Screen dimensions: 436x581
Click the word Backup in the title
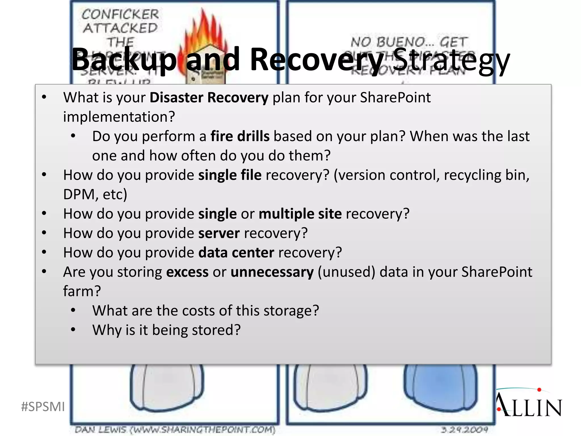point(124,60)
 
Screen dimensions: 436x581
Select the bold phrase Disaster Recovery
point(209,98)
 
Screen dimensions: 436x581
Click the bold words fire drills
point(240,136)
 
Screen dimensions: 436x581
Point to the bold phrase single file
point(230,175)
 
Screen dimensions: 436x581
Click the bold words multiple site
point(300,214)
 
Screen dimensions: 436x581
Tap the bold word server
point(219,233)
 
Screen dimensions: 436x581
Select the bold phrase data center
point(236,253)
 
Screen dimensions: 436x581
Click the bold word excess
point(187,272)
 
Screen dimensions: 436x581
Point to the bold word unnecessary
point(272,272)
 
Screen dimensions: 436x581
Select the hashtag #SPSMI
point(43,407)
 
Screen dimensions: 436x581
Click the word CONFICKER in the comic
point(120,14)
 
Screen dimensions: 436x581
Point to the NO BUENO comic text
point(409,42)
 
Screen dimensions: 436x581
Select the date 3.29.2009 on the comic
point(465,429)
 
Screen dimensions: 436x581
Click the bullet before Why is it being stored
point(73,330)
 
